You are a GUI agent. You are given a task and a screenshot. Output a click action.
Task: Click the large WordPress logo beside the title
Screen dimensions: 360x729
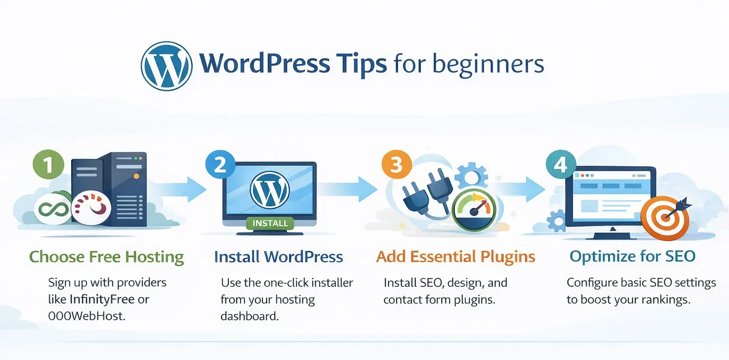[167, 66]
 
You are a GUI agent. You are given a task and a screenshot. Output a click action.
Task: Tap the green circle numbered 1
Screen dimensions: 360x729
[48, 165]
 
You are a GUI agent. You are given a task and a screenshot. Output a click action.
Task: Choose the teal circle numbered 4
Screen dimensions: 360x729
[561, 165]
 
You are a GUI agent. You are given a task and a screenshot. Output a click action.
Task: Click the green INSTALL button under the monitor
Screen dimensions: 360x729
[270, 223]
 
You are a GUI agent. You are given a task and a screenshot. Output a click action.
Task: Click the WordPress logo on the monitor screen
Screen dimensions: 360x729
[270, 189]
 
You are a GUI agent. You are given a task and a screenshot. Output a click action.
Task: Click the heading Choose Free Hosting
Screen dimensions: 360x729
[106, 257]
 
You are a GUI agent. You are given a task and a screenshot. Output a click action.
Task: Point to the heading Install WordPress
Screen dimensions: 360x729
[278, 257]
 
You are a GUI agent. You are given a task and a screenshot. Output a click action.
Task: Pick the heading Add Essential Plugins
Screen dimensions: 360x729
[456, 257]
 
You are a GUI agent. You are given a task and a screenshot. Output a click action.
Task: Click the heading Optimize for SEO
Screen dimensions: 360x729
[632, 257]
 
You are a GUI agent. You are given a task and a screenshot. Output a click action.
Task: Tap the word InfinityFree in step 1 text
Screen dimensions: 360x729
[109, 299]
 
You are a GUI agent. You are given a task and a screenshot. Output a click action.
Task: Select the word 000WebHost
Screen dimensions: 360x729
[87, 315]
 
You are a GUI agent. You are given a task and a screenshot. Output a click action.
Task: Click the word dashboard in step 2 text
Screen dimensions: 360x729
[249, 316]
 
